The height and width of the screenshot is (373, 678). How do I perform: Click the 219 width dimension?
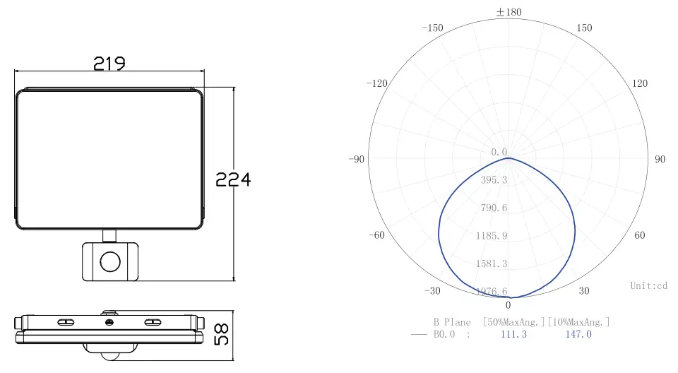109,64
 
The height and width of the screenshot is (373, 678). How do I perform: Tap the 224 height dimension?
233,179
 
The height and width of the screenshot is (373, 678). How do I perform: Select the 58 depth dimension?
221,334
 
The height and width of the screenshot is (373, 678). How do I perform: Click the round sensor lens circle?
110,262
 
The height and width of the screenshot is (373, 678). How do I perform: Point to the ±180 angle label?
509,12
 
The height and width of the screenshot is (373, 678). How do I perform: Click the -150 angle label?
432,28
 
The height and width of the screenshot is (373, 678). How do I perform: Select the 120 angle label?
640,83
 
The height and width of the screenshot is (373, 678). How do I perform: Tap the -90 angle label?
357,159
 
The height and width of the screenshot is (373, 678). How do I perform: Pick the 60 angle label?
640,235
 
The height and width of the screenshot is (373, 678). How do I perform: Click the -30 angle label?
432,291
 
